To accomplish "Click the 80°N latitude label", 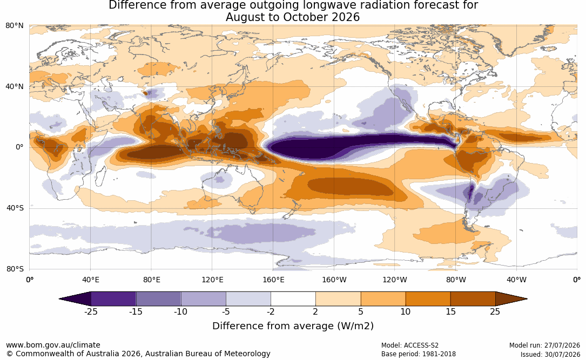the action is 14,25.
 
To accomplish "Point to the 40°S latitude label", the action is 15,208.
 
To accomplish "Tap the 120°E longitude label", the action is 212,280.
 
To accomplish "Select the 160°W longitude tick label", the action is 334,280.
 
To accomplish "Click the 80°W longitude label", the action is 456,280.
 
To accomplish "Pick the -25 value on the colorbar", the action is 91,311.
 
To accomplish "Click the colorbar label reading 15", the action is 450,311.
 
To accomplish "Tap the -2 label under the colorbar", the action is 271,311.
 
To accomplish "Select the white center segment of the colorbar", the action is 293,299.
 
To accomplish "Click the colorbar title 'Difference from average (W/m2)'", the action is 293,326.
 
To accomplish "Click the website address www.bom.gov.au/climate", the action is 53,345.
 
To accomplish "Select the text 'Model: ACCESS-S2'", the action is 409,345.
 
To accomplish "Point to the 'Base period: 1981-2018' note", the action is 418,354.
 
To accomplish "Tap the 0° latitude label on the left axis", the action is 19,147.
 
